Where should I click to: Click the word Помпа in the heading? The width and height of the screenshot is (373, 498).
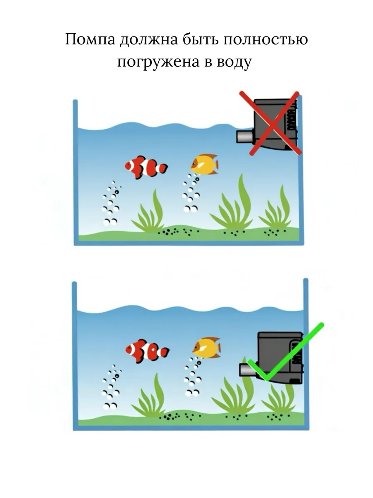coord(90,39)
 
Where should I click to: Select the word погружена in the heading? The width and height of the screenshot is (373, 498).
coord(158,62)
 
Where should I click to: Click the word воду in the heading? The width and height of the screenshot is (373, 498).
coord(234,62)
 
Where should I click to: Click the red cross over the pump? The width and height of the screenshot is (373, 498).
coord(271,123)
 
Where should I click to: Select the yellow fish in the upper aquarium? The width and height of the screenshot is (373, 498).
coord(204,164)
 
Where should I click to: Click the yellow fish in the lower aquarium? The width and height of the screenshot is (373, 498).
coord(206,348)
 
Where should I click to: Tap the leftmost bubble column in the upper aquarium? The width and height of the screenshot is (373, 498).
coord(111,203)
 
